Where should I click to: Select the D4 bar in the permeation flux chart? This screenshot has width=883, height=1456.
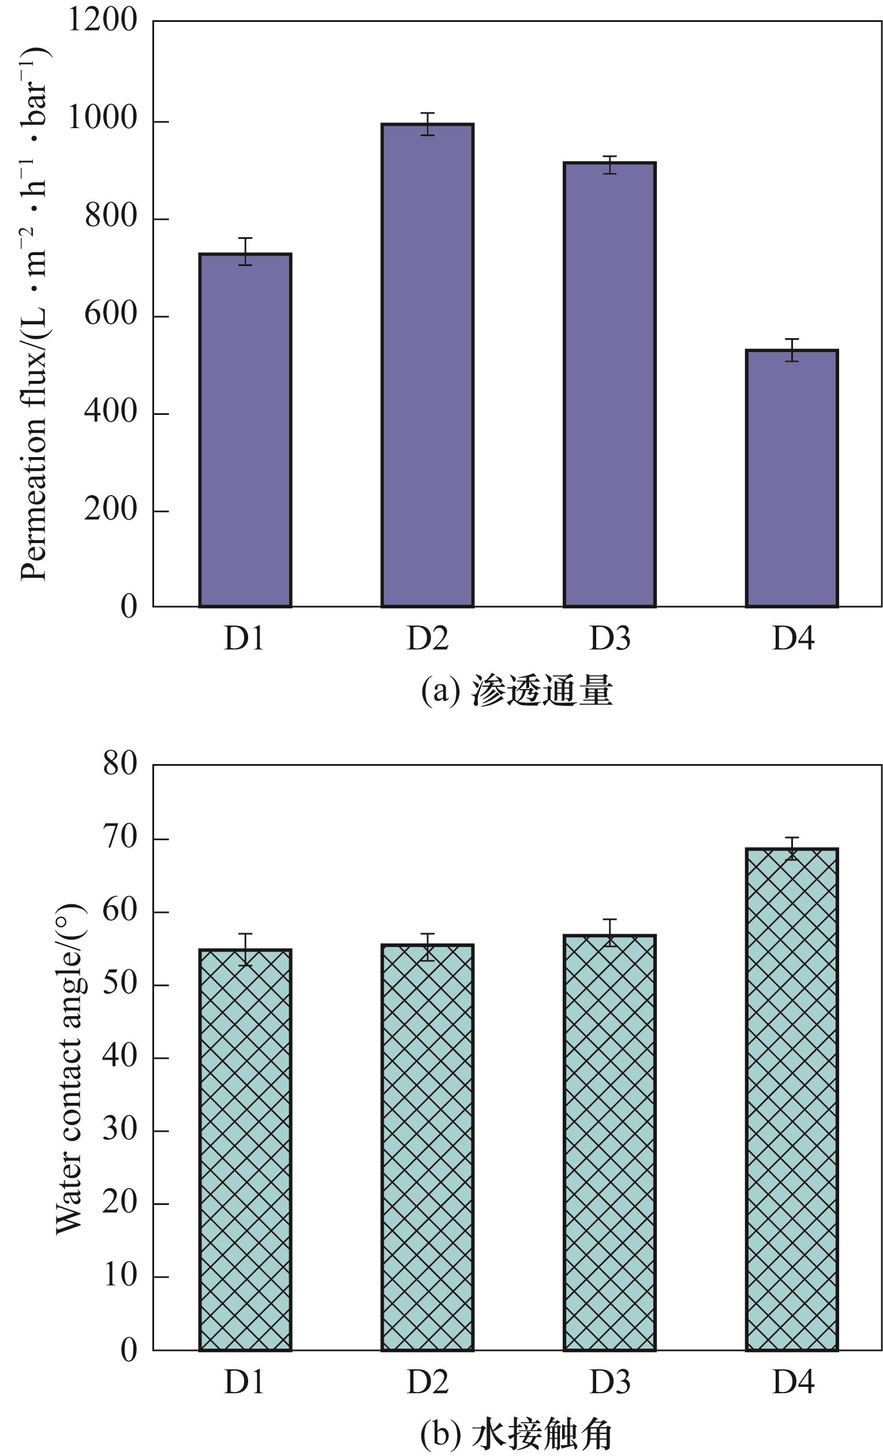791,478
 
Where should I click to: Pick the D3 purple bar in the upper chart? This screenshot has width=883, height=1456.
609,384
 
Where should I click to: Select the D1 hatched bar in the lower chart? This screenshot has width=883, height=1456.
245,1141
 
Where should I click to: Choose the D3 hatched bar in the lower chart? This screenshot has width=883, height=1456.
609,1134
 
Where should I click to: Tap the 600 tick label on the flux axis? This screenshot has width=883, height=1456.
111,314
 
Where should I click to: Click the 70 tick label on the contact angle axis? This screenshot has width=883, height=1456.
119,839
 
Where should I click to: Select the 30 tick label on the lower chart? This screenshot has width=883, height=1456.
119,1130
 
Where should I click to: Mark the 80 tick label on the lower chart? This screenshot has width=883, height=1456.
119,765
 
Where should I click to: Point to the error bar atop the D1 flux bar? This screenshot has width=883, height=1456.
245,251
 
